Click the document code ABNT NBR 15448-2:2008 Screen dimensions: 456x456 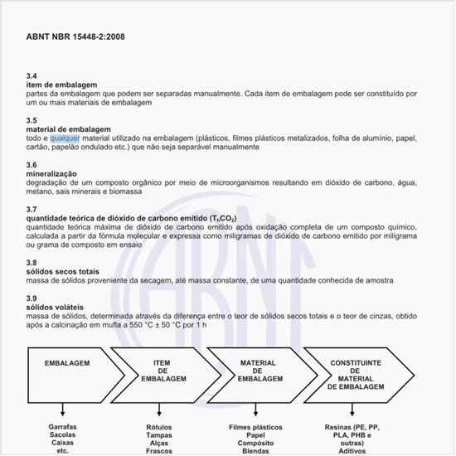[75, 37]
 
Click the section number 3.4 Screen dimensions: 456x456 [32, 75]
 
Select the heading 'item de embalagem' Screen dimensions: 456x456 [62, 85]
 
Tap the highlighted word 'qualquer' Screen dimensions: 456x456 [65, 138]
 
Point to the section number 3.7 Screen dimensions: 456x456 [32, 210]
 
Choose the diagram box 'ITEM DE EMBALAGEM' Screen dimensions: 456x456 [163, 370]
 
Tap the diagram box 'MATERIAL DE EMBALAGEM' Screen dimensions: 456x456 [258, 370]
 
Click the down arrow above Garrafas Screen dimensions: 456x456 [62, 408]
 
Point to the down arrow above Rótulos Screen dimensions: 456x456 [158, 408]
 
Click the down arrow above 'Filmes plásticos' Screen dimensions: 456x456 [257, 408]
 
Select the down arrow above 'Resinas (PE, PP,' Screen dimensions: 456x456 [354, 408]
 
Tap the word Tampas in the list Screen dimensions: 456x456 [158, 434]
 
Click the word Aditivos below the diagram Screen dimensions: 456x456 [354, 451]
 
